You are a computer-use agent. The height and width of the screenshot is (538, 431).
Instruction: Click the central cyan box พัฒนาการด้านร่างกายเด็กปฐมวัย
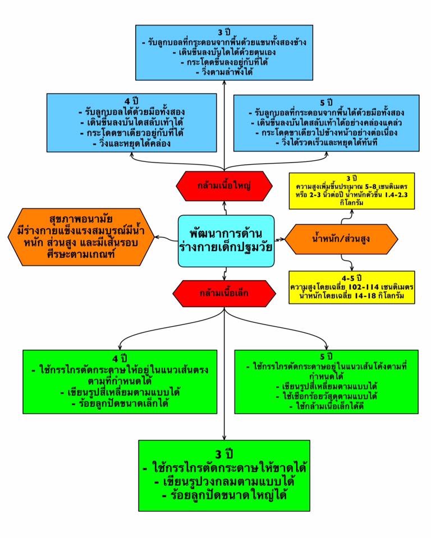(226, 240)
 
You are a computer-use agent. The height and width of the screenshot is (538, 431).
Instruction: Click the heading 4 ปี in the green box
(120, 358)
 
